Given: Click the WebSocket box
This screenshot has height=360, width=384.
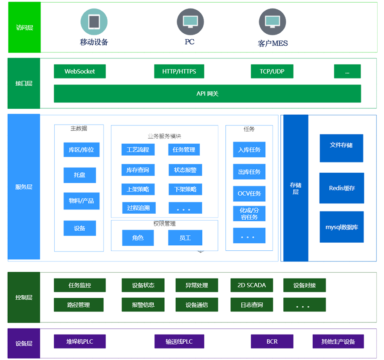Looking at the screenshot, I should [x=80, y=72].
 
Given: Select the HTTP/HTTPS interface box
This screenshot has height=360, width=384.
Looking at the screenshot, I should [x=179, y=72].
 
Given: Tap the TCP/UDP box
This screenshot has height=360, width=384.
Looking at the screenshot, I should [x=272, y=72].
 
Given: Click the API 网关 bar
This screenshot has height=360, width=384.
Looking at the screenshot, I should [x=207, y=94].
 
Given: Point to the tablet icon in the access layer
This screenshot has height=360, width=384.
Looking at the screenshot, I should [x=93, y=22].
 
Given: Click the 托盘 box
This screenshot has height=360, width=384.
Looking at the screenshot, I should [x=80, y=175].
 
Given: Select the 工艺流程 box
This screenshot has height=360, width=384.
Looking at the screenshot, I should [x=137, y=150].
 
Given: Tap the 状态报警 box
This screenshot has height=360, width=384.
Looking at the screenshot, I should [x=185, y=170].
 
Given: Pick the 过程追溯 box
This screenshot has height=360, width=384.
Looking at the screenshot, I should [x=138, y=209].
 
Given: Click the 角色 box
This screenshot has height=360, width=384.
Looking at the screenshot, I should [x=138, y=238].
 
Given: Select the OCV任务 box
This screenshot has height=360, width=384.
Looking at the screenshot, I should [x=249, y=194].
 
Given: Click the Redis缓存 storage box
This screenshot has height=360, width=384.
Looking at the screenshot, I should [x=342, y=188].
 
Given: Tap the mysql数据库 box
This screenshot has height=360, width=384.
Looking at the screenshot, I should [x=342, y=227].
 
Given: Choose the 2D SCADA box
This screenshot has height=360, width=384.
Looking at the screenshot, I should [x=251, y=285].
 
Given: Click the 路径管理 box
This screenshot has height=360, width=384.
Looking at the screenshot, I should [x=79, y=305].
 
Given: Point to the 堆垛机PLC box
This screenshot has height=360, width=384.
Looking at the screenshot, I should [x=80, y=342].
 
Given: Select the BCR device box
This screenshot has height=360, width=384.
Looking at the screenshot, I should [x=272, y=342].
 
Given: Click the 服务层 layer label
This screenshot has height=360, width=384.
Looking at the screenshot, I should [x=24, y=187].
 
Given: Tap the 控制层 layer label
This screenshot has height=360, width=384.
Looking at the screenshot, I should [x=24, y=298].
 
